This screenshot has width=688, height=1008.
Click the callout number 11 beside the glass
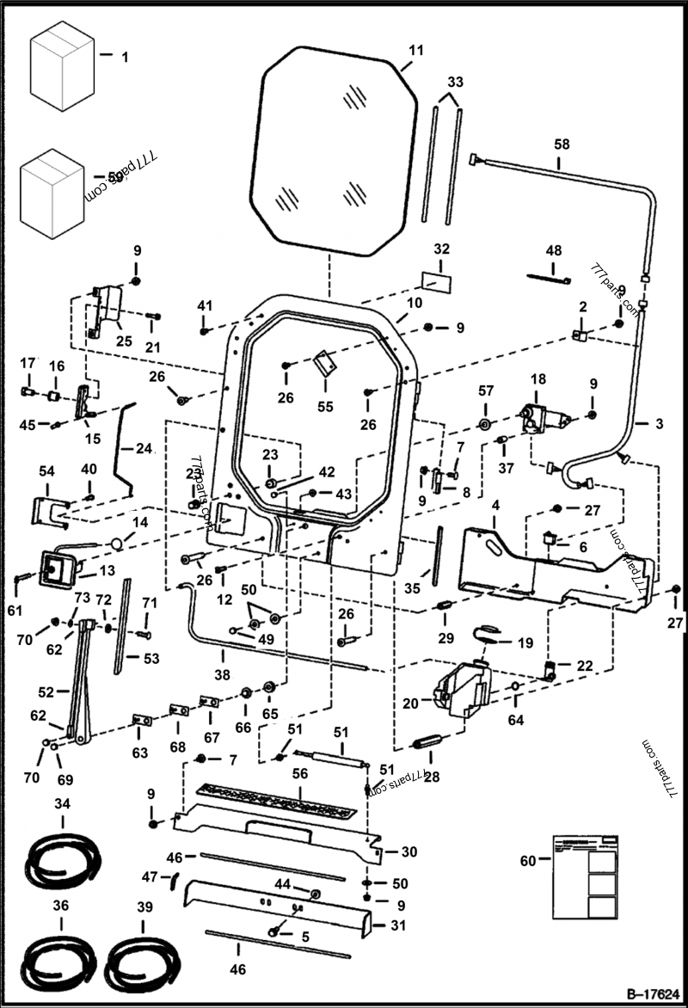point(415,51)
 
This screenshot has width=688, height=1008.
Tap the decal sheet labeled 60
point(583,877)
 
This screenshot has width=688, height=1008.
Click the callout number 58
point(561,144)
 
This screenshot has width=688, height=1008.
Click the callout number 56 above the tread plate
point(300,773)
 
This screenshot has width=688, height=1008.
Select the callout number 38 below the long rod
point(222,675)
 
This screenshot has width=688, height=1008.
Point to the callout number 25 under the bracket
point(124,341)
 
